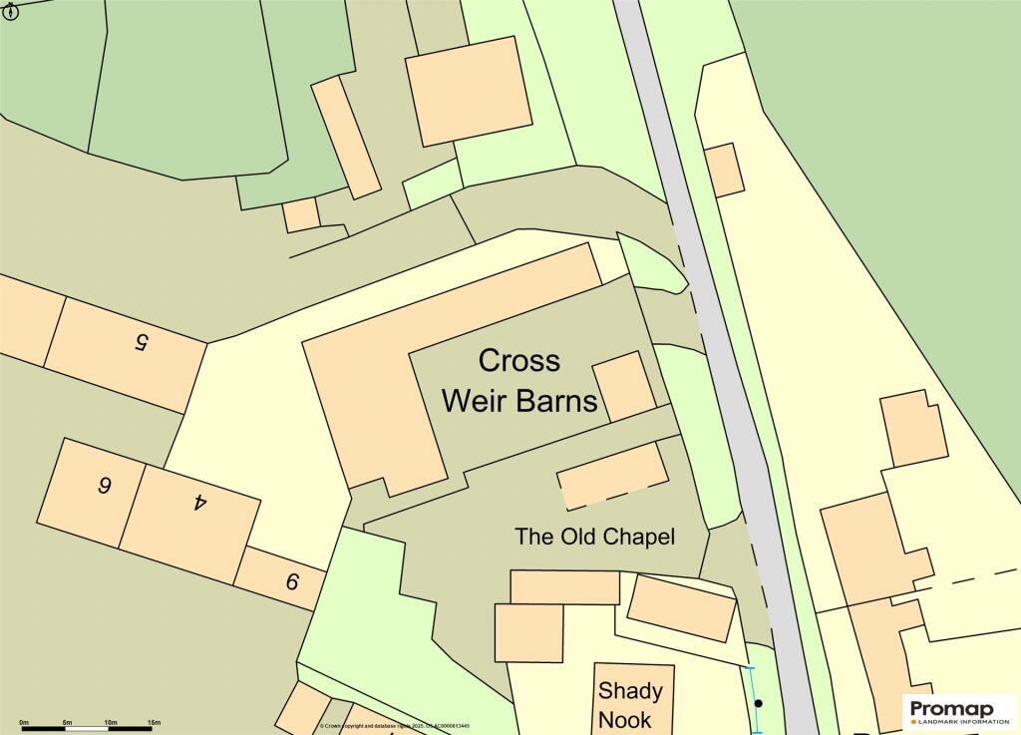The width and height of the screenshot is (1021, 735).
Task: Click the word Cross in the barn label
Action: click(x=519, y=360)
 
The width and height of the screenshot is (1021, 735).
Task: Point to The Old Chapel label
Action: click(x=594, y=537)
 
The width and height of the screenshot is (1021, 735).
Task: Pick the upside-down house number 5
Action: click(x=141, y=342)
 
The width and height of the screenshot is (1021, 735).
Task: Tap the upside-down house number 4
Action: click(x=199, y=502)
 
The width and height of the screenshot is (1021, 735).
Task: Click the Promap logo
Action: click(x=958, y=709)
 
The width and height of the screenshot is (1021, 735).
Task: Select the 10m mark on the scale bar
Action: click(x=111, y=722)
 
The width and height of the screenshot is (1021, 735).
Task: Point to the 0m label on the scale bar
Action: click(x=24, y=722)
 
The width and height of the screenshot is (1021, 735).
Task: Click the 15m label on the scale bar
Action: click(x=154, y=722)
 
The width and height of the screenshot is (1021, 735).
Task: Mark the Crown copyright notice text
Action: click(x=395, y=727)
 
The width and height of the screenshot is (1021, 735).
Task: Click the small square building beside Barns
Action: click(x=624, y=386)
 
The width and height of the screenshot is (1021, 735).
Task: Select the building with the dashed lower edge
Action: click(x=612, y=475)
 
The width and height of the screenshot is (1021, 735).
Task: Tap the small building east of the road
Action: click(x=724, y=171)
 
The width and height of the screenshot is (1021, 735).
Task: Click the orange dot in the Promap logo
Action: click(x=914, y=721)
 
